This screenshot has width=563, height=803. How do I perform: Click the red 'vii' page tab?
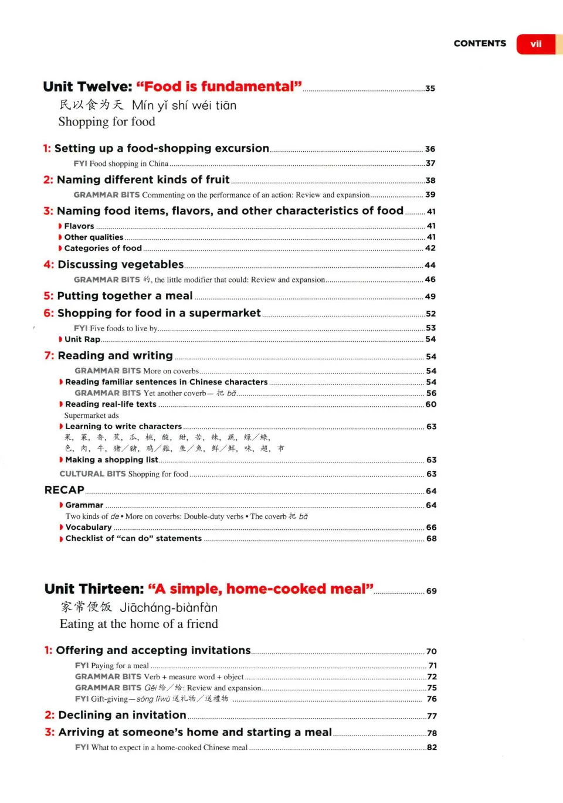coord(535,44)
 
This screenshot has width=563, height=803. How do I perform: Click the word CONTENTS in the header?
coord(480,43)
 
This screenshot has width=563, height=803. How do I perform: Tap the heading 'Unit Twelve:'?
coord(87,87)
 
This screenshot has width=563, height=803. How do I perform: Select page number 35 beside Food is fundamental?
coord(430,89)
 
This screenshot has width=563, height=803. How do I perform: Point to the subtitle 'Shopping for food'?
coord(107,122)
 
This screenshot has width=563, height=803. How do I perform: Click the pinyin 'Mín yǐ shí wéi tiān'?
coord(184,106)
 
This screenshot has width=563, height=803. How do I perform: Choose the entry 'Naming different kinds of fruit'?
coord(143,180)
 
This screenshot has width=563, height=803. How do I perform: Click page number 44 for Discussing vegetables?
coord(430,266)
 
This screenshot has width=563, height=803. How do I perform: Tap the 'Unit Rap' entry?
coord(82,339)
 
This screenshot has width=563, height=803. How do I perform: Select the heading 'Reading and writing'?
coord(115,356)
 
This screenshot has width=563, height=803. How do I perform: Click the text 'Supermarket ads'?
coord(91,416)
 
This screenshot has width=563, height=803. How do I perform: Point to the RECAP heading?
coord(65,490)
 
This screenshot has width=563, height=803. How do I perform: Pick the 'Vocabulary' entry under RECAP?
coord(88,528)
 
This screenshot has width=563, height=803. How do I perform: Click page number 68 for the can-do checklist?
coord(431,539)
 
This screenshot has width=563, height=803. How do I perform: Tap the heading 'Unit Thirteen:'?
coord(94,589)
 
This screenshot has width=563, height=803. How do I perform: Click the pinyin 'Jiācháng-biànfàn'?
coord(169,608)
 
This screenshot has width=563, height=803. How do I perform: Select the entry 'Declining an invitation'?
coord(122,715)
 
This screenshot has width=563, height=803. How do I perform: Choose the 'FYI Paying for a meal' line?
coord(112,666)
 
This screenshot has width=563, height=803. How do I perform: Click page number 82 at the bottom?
coord(432,748)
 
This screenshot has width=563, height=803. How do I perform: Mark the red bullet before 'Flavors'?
coord(60,226)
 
